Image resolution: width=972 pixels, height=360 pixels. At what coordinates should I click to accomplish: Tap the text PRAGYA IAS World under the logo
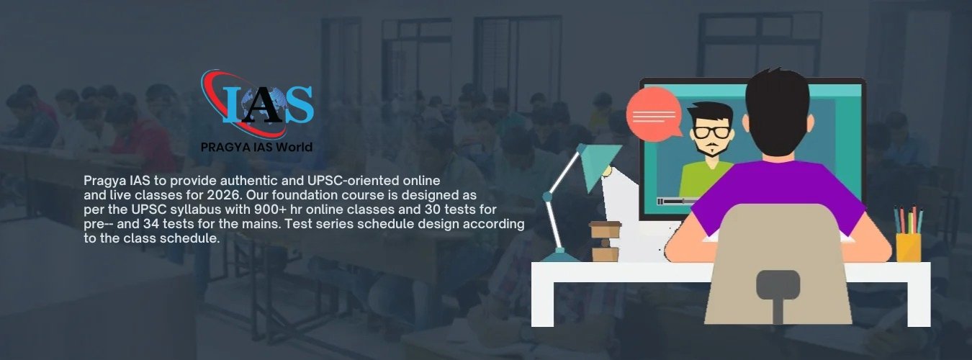click(256, 148)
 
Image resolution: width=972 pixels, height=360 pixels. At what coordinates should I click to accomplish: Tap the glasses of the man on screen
click(711, 132)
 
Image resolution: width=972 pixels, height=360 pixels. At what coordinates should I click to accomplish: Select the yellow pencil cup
click(908, 247)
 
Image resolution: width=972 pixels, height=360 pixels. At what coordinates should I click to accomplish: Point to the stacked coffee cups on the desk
click(605, 241)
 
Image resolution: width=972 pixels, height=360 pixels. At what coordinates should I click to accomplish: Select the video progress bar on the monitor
click(678, 202)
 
